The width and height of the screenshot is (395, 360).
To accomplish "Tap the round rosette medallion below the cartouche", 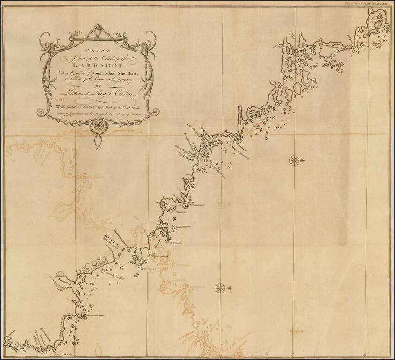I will tap(98, 125).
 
